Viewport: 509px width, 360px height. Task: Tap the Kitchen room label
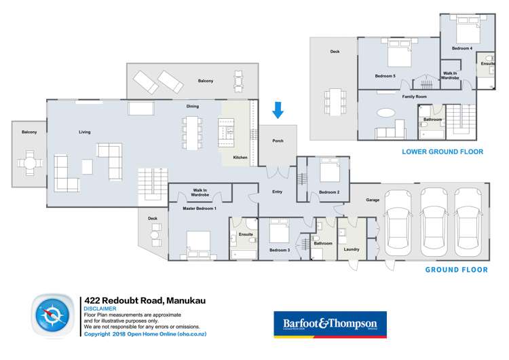click(240, 158)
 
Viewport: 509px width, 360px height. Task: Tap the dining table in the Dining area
click(192, 132)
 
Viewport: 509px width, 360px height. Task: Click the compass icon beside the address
click(52, 317)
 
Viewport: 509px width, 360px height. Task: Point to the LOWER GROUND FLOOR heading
click(442, 152)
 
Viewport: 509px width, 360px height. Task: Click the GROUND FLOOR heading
click(456, 270)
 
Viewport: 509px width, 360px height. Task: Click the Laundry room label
click(352, 249)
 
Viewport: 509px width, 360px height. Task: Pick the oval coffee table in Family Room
click(385, 113)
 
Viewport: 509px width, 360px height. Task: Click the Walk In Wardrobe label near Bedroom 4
click(450, 75)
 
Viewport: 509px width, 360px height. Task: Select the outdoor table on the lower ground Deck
click(334, 101)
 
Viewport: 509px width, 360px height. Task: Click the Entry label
click(277, 192)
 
